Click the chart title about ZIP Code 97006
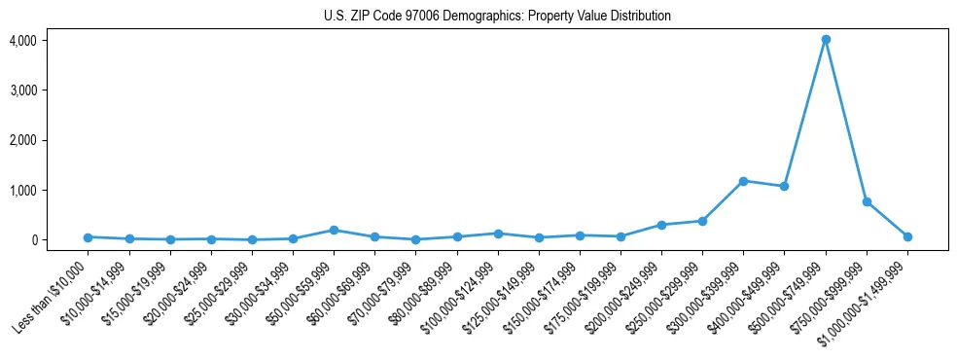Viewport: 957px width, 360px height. (497, 17)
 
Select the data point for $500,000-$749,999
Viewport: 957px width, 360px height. (826, 40)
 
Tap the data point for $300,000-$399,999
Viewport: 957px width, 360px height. (743, 181)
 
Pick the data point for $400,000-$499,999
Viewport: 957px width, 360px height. (784, 186)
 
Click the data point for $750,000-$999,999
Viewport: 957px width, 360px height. (867, 201)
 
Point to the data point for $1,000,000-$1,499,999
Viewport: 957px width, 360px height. (907, 236)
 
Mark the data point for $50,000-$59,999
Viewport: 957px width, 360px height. (334, 231)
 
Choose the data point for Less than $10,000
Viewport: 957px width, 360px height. (88, 237)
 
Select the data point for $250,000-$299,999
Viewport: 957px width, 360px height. (702, 221)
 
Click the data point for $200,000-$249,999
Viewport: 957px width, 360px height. (661, 225)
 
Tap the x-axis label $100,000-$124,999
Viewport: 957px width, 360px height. (461, 293)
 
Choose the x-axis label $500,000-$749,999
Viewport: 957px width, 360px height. (789, 293)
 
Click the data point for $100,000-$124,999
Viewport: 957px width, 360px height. (498, 234)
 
